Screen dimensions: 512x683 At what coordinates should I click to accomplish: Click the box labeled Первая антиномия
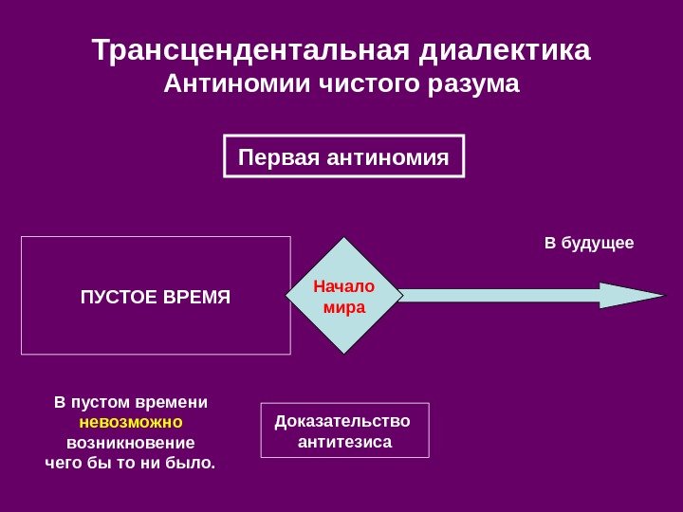[x=344, y=155]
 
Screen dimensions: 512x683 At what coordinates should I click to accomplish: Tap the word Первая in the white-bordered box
[x=279, y=155]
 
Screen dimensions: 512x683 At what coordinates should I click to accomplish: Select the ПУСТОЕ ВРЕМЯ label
[x=156, y=296]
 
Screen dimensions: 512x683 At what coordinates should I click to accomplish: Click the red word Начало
[x=343, y=286]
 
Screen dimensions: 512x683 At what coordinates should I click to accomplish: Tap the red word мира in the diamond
[x=343, y=307]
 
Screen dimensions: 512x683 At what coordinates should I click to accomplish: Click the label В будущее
[x=588, y=244]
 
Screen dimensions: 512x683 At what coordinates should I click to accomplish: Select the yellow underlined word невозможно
[x=131, y=422]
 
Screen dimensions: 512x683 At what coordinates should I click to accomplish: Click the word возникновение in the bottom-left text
[x=131, y=443]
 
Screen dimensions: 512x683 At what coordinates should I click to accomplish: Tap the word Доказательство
[x=342, y=421]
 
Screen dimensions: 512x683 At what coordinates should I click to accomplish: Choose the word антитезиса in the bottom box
[x=344, y=442]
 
